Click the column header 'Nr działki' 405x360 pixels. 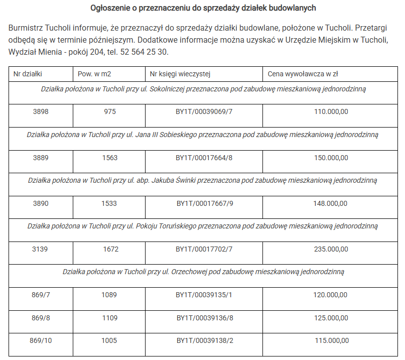coord(28,74)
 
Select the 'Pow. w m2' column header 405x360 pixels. coord(94,74)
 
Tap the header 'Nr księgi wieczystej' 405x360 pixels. coord(180,74)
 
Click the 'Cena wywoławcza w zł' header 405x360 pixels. coord(303,74)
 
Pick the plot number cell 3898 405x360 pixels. coord(41,112)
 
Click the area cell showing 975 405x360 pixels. coord(110,112)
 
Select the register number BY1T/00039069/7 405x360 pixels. coord(204,112)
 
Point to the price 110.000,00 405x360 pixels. coord(331,112)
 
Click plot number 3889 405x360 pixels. coord(41,158)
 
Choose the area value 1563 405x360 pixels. coord(110,158)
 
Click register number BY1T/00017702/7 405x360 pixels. coord(204,249)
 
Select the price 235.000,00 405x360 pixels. coord(331,249)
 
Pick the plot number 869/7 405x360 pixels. coord(41,295)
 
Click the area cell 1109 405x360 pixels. coord(110,318)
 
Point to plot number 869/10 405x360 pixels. coord(41,340)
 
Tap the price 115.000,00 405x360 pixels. coord(331,340)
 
